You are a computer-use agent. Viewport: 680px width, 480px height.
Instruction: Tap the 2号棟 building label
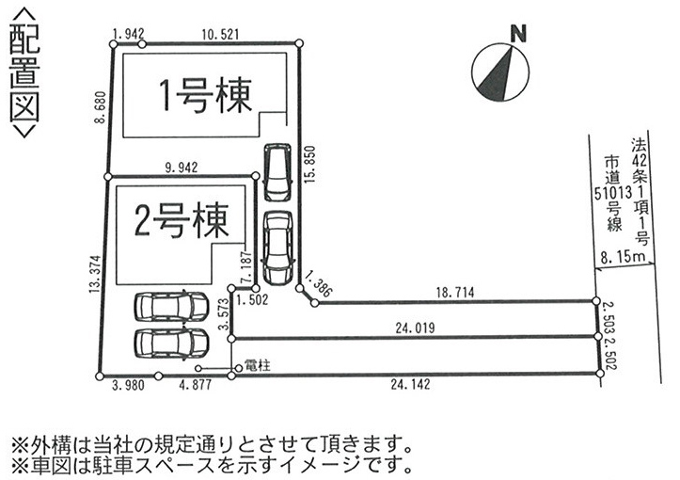coord(182,223)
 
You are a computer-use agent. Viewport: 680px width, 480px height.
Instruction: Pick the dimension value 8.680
coord(100,111)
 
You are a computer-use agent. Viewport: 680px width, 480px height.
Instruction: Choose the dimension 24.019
coord(412,330)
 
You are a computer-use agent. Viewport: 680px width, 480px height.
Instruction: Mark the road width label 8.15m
coord(623,256)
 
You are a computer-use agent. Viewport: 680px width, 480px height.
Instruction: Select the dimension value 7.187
coord(245,269)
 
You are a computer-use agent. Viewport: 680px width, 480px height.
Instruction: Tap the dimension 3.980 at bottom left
coord(128,384)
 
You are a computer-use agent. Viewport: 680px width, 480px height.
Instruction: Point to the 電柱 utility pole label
coord(257,365)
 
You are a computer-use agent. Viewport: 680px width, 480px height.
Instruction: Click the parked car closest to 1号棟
coord(277,171)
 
